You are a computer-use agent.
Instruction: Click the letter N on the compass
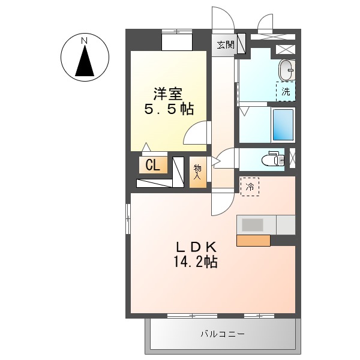click(x=85, y=40)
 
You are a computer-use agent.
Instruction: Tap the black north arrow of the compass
click(x=85, y=61)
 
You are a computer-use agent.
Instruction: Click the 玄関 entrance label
click(x=226, y=44)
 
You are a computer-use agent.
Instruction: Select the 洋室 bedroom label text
click(x=167, y=94)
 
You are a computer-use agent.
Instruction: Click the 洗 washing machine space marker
click(x=286, y=92)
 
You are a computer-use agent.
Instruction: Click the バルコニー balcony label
click(x=222, y=334)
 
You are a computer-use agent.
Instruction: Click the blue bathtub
click(x=283, y=124)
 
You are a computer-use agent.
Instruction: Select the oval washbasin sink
click(x=287, y=70)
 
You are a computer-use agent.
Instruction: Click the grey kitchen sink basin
click(x=253, y=225)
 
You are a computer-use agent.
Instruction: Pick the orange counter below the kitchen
click(x=253, y=241)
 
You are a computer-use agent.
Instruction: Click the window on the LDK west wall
click(x=127, y=219)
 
